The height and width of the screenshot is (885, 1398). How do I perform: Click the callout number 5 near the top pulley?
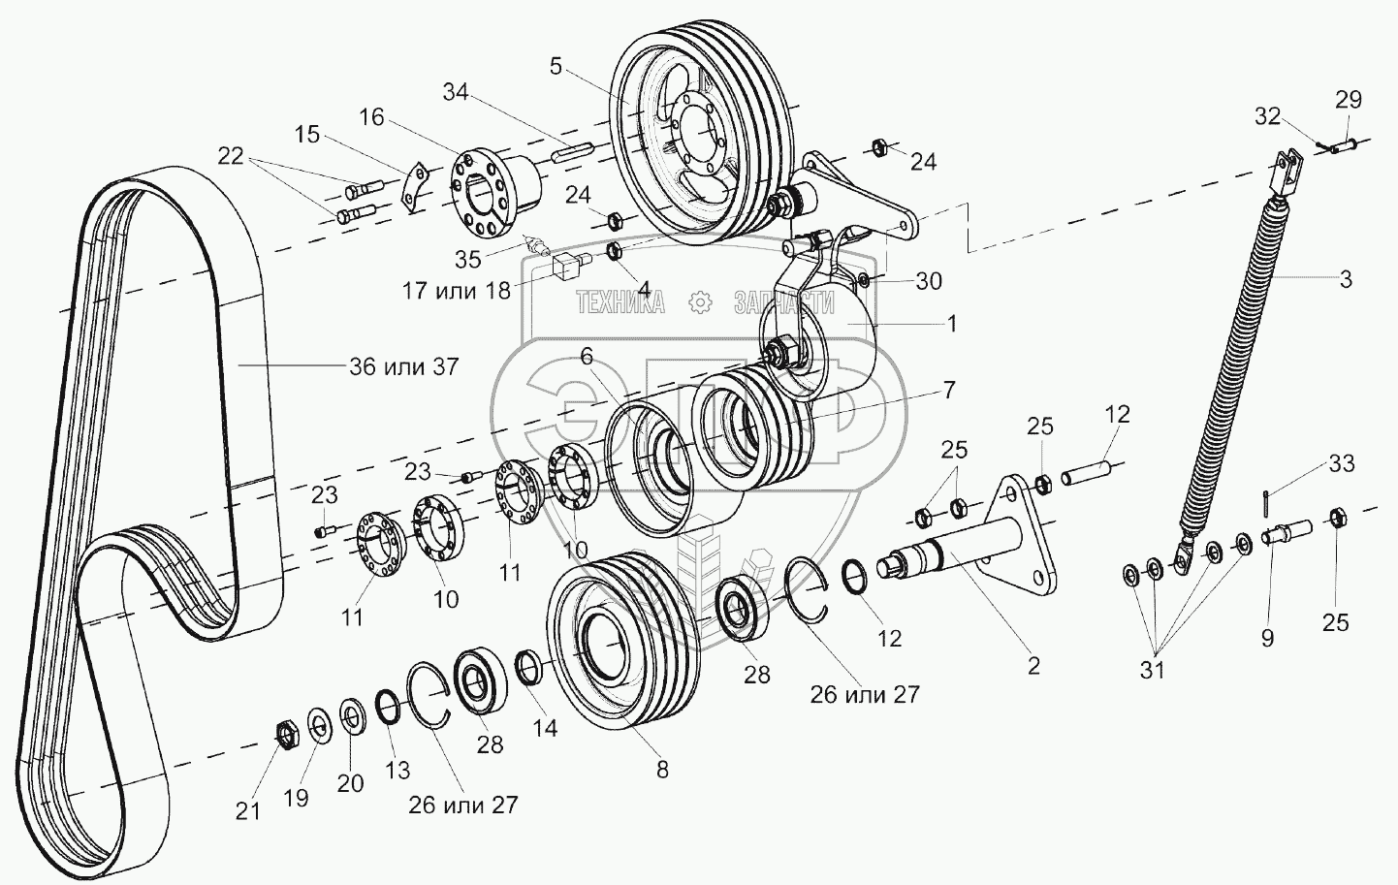tap(555, 67)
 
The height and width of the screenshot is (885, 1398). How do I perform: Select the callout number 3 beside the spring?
tap(1345, 280)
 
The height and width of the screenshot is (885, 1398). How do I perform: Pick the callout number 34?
tap(456, 93)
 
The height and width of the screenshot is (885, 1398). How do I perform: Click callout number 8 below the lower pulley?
tap(662, 770)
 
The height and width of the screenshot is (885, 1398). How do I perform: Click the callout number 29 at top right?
tap(1348, 100)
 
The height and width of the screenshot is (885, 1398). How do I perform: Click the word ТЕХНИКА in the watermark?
tap(620, 303)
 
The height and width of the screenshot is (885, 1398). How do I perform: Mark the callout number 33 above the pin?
tap(1341, 463)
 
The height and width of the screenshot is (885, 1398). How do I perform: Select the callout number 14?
tap(546, 727)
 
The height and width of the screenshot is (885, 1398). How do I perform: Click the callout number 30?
tap(929, 281)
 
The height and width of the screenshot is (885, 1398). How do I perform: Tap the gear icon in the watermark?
tap(698, 303)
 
